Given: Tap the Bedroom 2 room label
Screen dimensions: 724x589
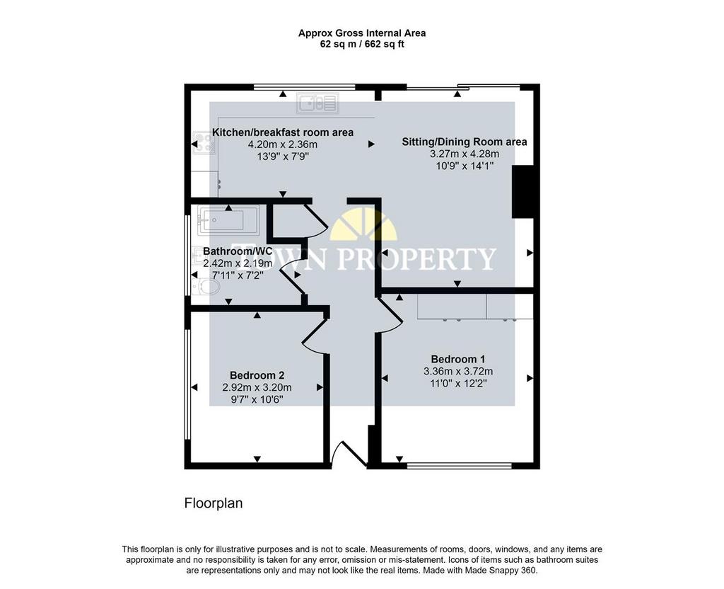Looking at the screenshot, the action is tap(257, 375).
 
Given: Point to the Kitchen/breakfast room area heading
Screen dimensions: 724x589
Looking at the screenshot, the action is tap(283, 132).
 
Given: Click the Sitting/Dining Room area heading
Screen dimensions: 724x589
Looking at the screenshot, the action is tap(464, 142).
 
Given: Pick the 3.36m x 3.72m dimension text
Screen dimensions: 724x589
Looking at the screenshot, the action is tap(458, 371).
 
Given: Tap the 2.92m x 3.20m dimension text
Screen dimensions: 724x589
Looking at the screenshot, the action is tap(257, 387).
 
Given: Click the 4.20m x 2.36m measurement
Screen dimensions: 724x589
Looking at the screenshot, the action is tap(283, 144).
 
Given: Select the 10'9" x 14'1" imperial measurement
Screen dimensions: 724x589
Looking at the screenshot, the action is tap(465, 166).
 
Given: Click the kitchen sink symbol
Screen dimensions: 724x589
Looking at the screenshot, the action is tap(317, 103).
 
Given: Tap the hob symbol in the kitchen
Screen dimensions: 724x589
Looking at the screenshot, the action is tap(204, 143).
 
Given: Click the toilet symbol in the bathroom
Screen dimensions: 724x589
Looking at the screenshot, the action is tap(206, 287).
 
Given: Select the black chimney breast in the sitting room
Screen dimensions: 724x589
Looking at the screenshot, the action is tap(523, 191).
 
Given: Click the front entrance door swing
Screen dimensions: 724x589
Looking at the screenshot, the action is tap(349, 453).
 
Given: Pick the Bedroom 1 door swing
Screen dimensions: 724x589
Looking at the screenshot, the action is tap(390, 315).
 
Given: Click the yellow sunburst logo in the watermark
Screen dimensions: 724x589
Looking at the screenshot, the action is tap(364, 224).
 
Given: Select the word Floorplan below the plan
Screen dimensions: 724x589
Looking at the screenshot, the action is tap(214, 503).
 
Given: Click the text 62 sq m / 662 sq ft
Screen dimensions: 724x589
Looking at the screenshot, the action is tap(362, 45).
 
